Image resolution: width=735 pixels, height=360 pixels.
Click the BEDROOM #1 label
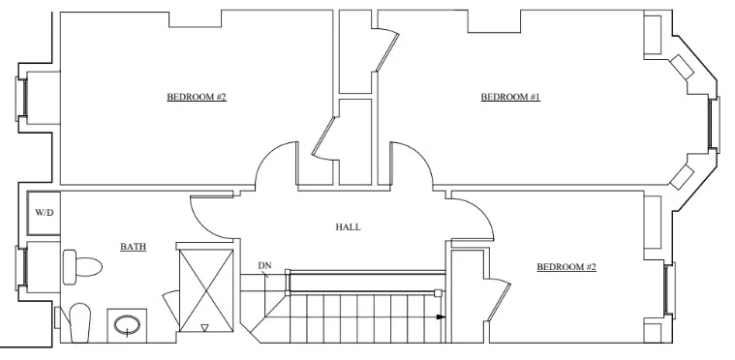(510, 97)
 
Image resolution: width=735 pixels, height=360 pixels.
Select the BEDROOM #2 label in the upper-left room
(197, 97)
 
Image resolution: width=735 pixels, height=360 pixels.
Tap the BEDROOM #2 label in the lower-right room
(567, 267)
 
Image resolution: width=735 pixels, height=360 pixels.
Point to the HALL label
(349, 227)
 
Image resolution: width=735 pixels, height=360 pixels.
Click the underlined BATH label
(133, 247)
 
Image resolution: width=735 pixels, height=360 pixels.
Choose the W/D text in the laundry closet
(45, 213)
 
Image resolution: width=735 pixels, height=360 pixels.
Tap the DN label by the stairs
(264, 265)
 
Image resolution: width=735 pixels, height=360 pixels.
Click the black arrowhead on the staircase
(441, 316)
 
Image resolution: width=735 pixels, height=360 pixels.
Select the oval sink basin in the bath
(127, 324)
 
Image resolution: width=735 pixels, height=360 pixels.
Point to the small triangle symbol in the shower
(204, 328)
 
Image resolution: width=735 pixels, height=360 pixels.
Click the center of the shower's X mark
(206, 290)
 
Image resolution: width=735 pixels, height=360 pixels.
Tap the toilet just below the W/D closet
(82, 267)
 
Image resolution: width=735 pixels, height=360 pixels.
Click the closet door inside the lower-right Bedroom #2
(500, 301)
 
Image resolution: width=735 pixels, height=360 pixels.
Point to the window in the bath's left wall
(21, 267)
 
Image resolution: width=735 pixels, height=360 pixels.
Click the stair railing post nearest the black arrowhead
(438, 293)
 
